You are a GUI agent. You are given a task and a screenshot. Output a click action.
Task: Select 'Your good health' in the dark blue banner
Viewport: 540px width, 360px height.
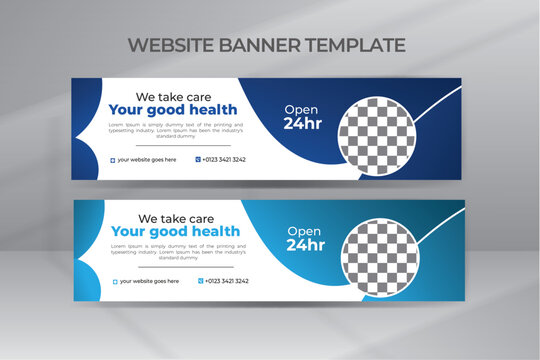(172, 110)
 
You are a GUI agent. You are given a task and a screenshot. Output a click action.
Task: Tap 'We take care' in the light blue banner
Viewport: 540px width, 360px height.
(176, 217)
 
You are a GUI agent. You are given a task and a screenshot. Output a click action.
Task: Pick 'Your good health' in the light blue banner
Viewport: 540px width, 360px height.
(175, 231)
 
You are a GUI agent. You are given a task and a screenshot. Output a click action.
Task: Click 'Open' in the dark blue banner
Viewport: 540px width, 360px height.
(303, 110)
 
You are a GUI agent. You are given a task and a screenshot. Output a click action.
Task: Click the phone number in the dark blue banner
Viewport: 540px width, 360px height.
(225, 159)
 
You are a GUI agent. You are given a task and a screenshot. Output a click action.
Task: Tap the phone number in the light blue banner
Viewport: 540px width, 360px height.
(227, 281)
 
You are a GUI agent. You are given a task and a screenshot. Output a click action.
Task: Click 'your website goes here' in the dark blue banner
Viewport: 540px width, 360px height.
(146, 159)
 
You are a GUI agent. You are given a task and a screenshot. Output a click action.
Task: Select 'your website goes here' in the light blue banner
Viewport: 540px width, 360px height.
(148, 281)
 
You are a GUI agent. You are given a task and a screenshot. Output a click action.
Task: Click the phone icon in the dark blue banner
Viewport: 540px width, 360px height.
(198, 159)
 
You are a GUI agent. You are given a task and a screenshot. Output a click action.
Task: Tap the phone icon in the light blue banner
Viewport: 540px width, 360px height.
(200, 281)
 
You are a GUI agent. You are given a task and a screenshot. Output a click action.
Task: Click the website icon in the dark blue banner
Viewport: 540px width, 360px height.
(113, 159)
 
